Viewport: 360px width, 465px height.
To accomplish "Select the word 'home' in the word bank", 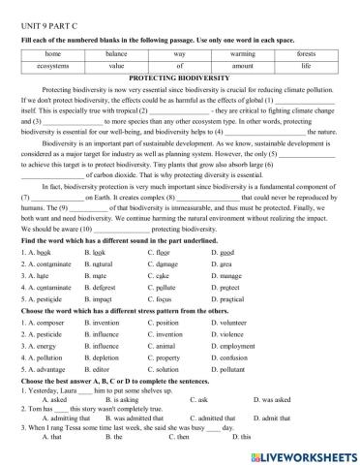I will click(x=52, y=53).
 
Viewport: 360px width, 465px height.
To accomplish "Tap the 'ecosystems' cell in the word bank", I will click(x=52, y=66).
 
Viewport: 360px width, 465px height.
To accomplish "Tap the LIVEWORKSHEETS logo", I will click(x=304, y=454).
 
